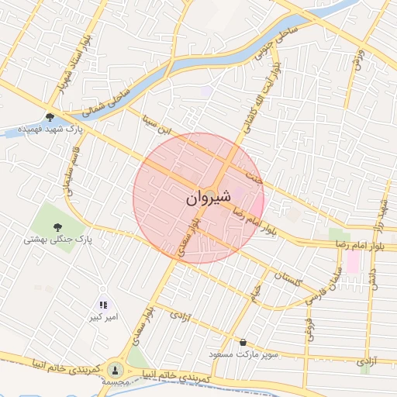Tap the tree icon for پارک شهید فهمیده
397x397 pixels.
point(50,117)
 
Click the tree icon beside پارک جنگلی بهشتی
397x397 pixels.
point(78,240)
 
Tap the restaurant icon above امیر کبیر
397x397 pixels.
point(102,305)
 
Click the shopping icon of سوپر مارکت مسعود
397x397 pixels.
point(243,342)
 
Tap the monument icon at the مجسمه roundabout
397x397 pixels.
point(116,370)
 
